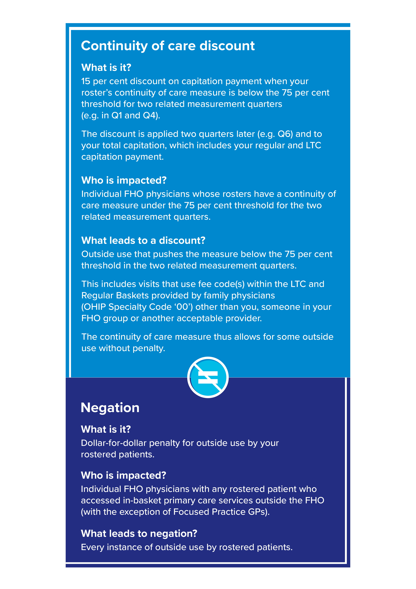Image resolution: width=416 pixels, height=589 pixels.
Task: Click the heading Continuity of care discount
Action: tap(168, 46)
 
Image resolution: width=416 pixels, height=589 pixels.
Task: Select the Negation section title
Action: tap(110, 408)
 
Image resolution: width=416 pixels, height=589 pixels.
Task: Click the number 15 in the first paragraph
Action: tap(86, 81)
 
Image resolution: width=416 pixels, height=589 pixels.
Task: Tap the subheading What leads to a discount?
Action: tap(143, 240)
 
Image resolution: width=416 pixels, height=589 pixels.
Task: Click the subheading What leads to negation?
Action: tap(139, 534)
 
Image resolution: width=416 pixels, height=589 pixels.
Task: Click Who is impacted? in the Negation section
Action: tap(124, 475)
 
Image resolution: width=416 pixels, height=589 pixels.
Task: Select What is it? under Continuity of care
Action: tap(106, 67)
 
